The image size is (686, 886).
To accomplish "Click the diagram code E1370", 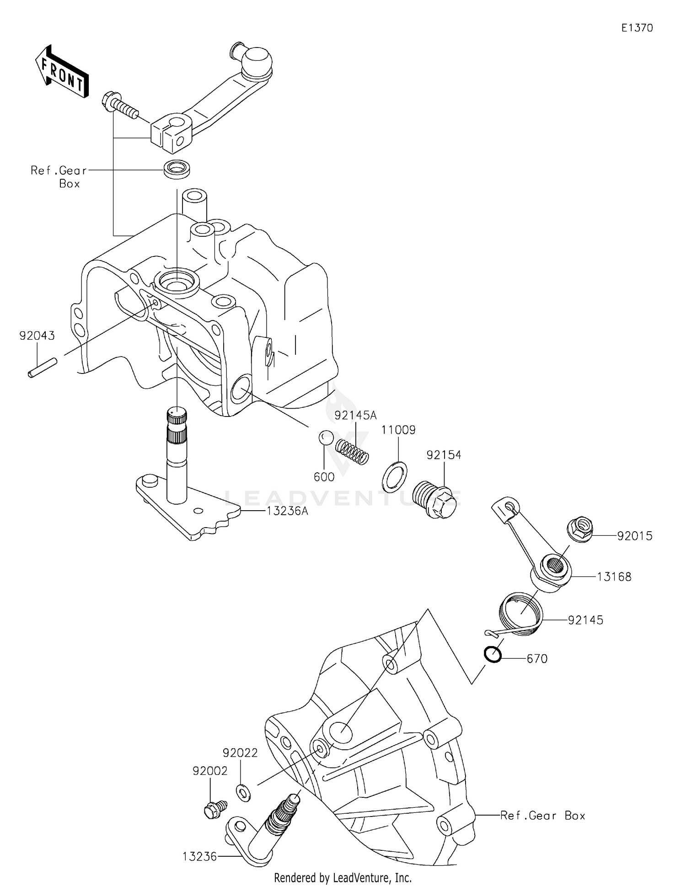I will click(x=637, y=28).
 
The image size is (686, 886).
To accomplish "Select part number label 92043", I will click(x=37, y=336).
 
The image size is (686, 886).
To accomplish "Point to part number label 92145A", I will click(x=355, y=416).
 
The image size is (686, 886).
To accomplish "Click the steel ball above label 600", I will click(x=326, y=437).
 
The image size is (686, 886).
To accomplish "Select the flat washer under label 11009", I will click(x=394, y=477).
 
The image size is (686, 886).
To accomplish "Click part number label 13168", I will click(x=614, y=577).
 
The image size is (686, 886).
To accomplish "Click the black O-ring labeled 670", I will click(x=493, y=655).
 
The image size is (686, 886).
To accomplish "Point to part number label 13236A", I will click(x=287, y=511).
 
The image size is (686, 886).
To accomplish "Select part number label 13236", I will click(x=199, y=856).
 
